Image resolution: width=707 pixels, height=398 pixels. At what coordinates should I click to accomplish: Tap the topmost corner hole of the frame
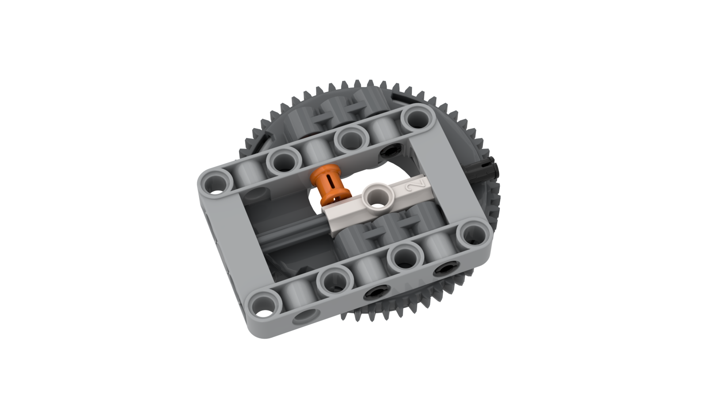[x=416, y=118]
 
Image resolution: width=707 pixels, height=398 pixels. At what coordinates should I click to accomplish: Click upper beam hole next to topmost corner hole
[x=351, y=138]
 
